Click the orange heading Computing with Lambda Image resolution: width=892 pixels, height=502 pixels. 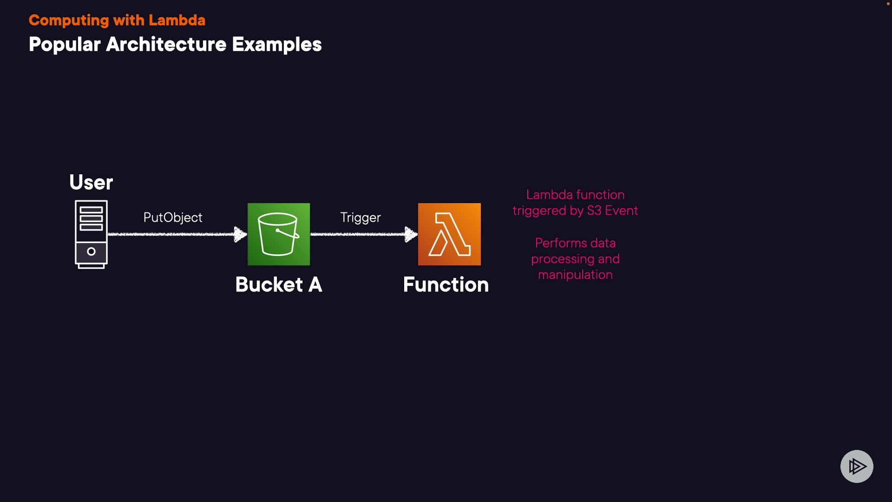tap(117, 20)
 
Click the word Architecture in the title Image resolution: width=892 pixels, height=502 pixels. tap(166, 45)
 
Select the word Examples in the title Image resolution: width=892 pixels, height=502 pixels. tap(276, 45)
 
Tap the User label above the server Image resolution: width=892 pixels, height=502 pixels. tap(91, 182)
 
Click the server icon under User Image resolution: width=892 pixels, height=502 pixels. tap(91, 234)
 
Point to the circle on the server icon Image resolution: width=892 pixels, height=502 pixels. tap(91, 251)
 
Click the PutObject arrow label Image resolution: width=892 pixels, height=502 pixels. tap(173, 218)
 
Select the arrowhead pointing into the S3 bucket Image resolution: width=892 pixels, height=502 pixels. tap(240, 234)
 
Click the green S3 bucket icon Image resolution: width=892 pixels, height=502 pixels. tap(279, 234)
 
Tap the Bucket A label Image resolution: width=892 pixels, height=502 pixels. tap(279, 284)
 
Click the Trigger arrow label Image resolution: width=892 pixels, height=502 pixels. tap(361, 218)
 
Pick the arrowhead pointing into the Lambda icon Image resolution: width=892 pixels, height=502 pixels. tap(411, 234)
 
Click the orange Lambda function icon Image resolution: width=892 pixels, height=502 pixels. tap(449, 234)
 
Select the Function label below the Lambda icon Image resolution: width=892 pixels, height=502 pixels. tap(446, 284)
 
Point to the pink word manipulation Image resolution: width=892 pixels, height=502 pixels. tap(575, 275)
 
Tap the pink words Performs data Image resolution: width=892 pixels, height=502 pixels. tap(575, 243)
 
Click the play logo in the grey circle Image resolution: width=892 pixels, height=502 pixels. tap(857, 466)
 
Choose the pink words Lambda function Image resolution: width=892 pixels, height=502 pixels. tap(575, 195)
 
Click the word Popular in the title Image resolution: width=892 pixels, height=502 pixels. tap(65, 45)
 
